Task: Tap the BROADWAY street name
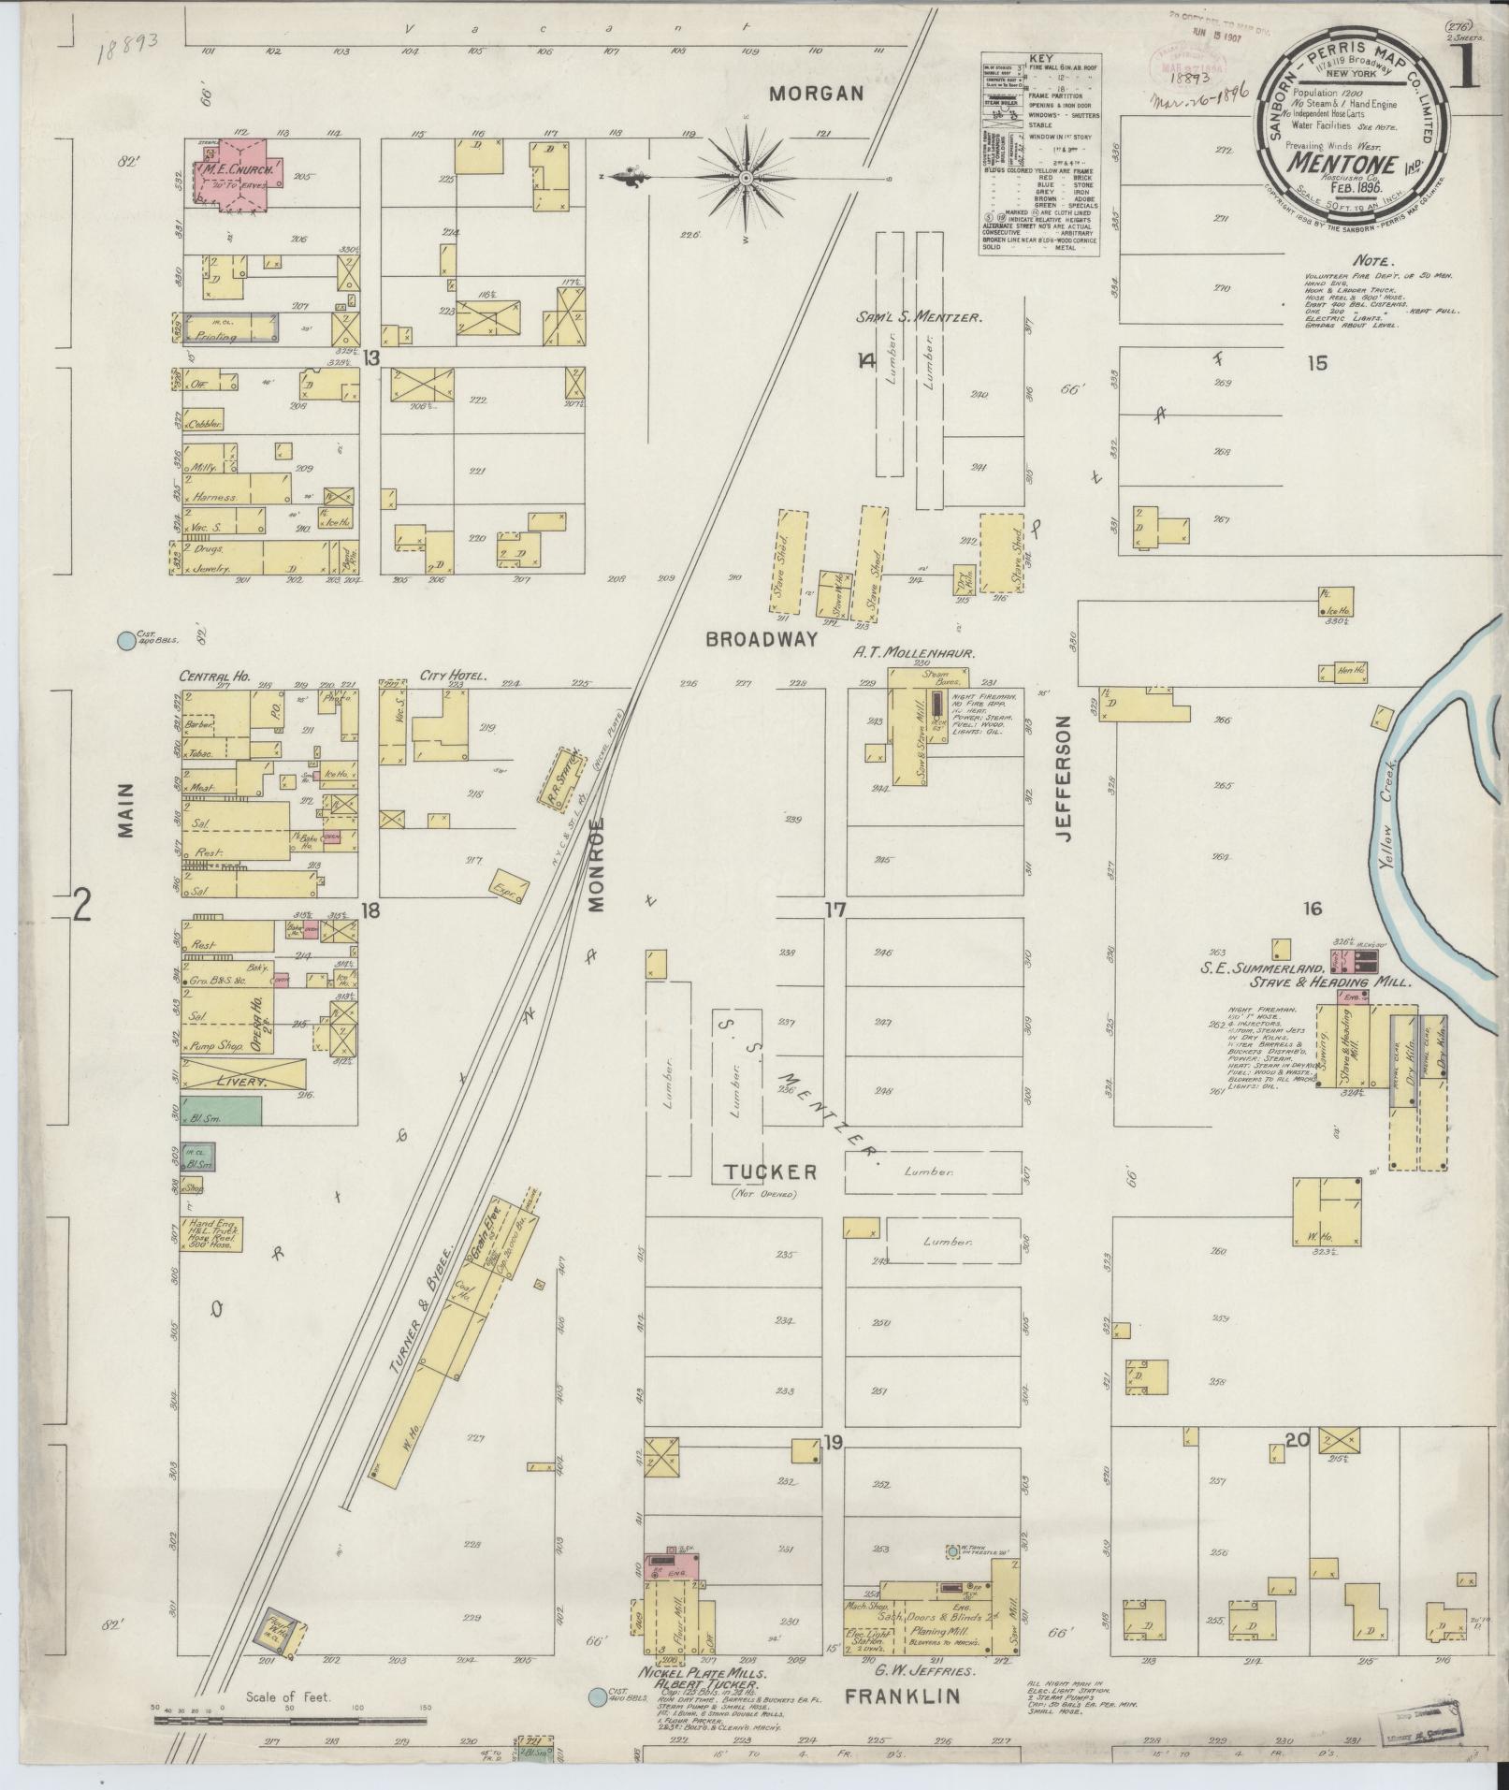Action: [762, 640]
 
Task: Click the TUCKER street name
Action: [770, 1172]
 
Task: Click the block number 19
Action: [833, 1469]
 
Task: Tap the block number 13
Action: [372, 357]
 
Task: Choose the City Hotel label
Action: [443, 676]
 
